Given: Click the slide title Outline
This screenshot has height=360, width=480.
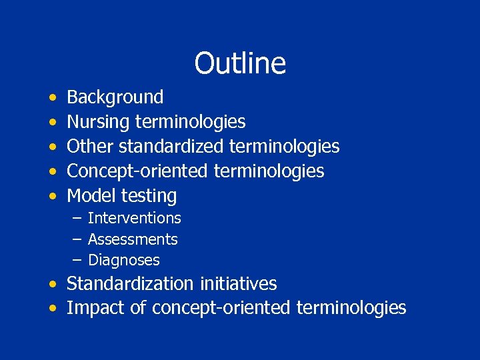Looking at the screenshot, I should pos(240,63).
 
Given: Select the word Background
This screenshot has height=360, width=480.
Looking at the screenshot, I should pos(115,97).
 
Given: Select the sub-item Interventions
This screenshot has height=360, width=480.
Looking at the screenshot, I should pos(134,218).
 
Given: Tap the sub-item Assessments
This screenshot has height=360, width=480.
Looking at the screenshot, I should pos(133,239).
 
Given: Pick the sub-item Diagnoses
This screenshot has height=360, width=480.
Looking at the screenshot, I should pos(124,260).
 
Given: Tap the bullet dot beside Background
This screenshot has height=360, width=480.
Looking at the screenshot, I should pos(52,98).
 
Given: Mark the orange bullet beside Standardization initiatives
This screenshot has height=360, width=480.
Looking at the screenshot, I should pos(52,284).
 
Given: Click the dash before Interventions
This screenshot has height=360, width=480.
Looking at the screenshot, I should pos(77,218).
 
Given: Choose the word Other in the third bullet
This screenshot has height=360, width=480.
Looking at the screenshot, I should pos(85,146).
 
